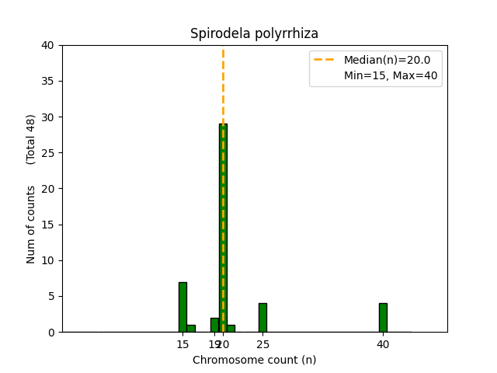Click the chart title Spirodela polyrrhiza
pos(254,34)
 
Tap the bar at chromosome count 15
pos(182,307)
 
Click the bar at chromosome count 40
pos(383,317)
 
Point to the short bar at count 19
pos(214,325)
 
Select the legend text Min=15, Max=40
pos(392,75)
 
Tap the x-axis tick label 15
pos(182,344)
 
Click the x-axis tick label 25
pos(262,344)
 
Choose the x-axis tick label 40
pos(383,344)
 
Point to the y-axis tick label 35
pos(48,81)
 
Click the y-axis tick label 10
pos(48,260)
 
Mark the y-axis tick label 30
pos(48,117)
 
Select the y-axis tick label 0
pos(51,332)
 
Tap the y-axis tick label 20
pos(48,189)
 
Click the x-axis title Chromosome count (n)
pos(254,360)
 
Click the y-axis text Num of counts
pos(31,225)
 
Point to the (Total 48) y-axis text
pos(31,139)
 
